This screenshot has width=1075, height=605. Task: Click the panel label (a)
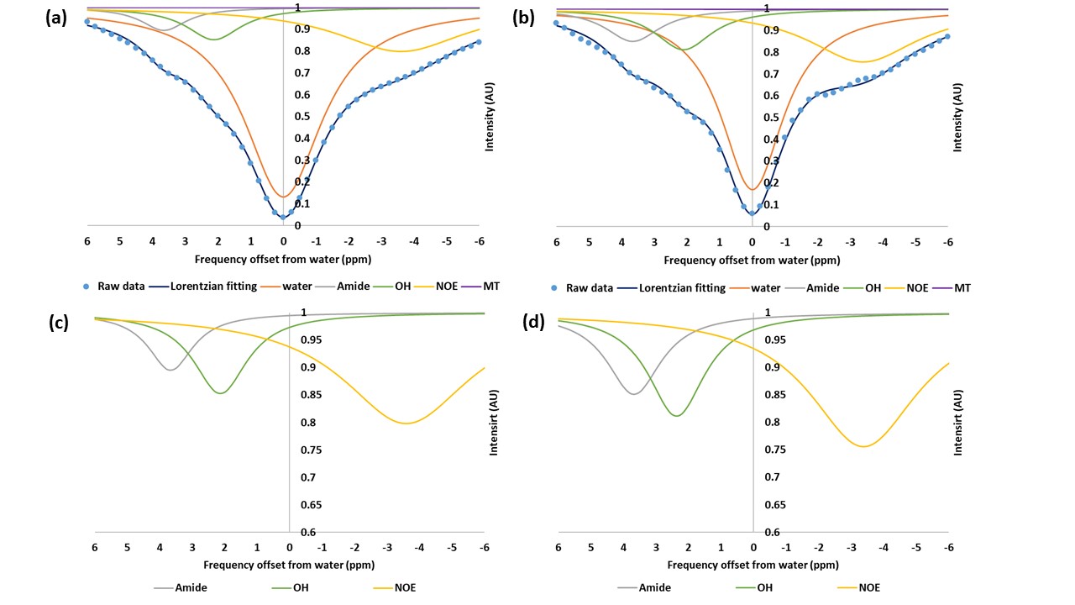(x=57, y=17)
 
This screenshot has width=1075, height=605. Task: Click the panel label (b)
(x=523, y=17)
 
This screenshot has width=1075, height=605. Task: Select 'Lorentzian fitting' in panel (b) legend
(x=681, y=287)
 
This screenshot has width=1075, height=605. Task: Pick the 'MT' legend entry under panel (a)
(x=491, y=287)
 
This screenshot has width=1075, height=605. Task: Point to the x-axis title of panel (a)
(x=283, y=260)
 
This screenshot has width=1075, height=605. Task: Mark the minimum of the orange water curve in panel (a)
(x=283, y=197)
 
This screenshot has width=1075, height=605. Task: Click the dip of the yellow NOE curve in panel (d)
(x=863, y=446)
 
